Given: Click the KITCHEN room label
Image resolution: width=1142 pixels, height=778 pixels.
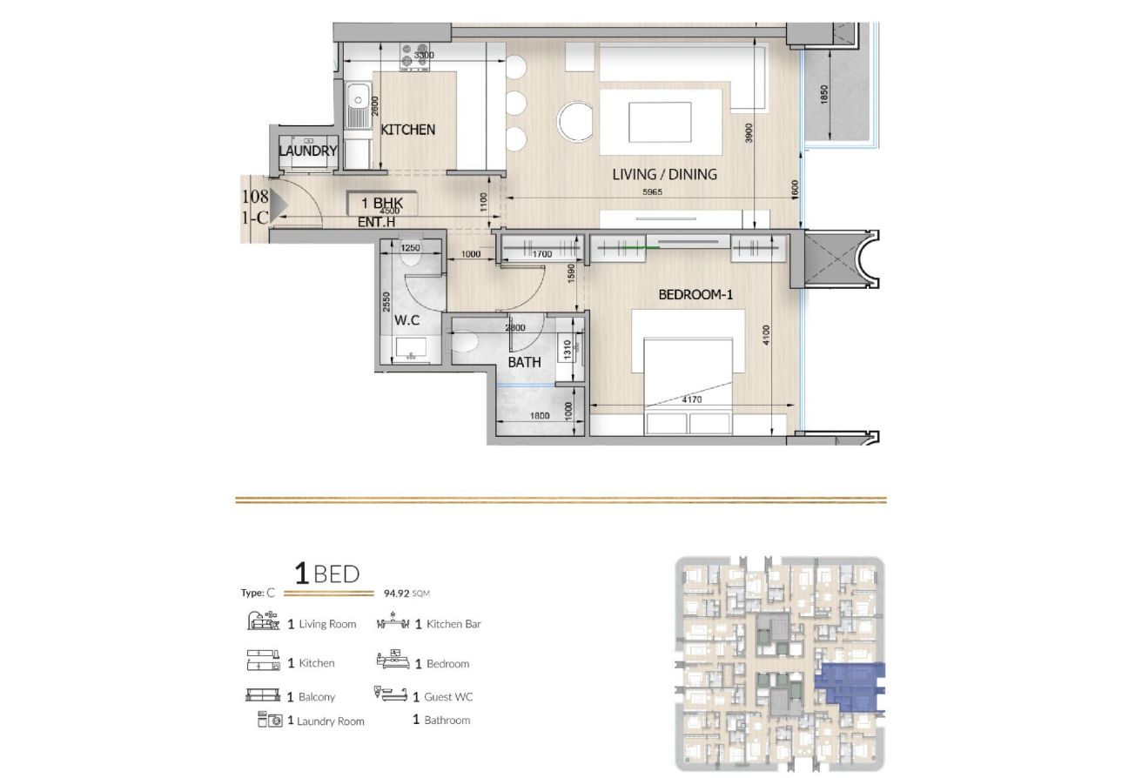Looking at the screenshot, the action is pyautogui.click(x=408, y=130).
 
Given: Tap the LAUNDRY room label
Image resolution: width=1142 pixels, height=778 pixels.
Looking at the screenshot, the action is pyautogui.click(x=308, y=151).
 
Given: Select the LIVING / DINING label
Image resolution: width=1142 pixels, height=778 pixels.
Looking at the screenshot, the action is pyautogui.click(x=664, y=174).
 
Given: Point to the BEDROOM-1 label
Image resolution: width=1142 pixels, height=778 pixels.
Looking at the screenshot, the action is pyautogui.click(x=695, y=295).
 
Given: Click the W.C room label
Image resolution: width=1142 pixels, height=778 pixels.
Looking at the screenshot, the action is pyautogui.click(x=406, y=320).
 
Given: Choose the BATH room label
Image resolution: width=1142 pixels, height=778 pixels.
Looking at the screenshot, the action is pyautogui.click(x=524, y=362).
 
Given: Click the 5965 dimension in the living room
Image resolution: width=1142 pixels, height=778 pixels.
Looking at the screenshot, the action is pyautogui.click(x=652, y=192).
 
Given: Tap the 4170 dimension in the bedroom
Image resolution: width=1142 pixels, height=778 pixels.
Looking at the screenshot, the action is pyautogui.click(x=692, y=399).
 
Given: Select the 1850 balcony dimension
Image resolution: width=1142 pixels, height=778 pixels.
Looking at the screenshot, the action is pyautogui.click(x=824, y=95).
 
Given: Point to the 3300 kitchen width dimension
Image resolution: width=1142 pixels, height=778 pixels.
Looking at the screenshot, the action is pyautogui.click(x=424, y=55).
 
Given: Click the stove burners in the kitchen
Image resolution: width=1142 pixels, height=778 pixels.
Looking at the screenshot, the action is pyautogui.click(x=414, y=56).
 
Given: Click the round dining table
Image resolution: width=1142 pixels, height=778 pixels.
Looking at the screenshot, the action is pyautogui.click(x=575, y=122).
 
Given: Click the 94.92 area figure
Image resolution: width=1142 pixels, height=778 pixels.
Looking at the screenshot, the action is pyautogui.click(x=397, y=593).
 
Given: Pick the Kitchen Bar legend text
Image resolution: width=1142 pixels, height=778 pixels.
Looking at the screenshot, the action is pyautogui.click(x=453, y=624).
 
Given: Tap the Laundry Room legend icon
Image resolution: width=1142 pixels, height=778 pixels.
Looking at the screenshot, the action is pyautogui.click(x=270, y=720).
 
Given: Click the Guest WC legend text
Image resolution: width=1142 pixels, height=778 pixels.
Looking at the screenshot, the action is pyautogui.click(x=448, y=697).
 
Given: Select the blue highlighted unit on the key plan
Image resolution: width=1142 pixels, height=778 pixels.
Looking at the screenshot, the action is pyautogui.click(x=850, y=687).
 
